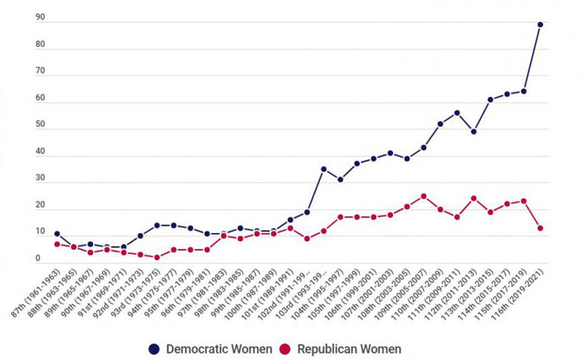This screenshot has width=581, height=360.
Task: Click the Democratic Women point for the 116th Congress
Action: pos(540,25)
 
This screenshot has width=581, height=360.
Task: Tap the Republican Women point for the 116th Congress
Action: pos(540,228)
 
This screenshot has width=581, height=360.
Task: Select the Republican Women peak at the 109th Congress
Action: pos(423,196)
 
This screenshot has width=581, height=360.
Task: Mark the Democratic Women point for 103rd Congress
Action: pos(324,169)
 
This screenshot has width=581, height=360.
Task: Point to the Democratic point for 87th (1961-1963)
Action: pos(57,234)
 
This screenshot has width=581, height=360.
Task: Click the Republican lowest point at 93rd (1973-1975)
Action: pos(157,258)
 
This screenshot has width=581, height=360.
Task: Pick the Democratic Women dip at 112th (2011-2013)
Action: pos(473,131)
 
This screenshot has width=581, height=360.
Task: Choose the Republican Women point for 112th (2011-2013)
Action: pos(473,198)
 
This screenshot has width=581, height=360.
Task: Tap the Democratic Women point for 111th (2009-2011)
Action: pos(456,113)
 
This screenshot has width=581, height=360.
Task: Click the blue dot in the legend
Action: pos(154,348)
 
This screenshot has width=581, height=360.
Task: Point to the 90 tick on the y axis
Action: pos(41,18)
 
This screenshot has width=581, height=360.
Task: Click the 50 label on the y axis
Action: pos(41,125)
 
